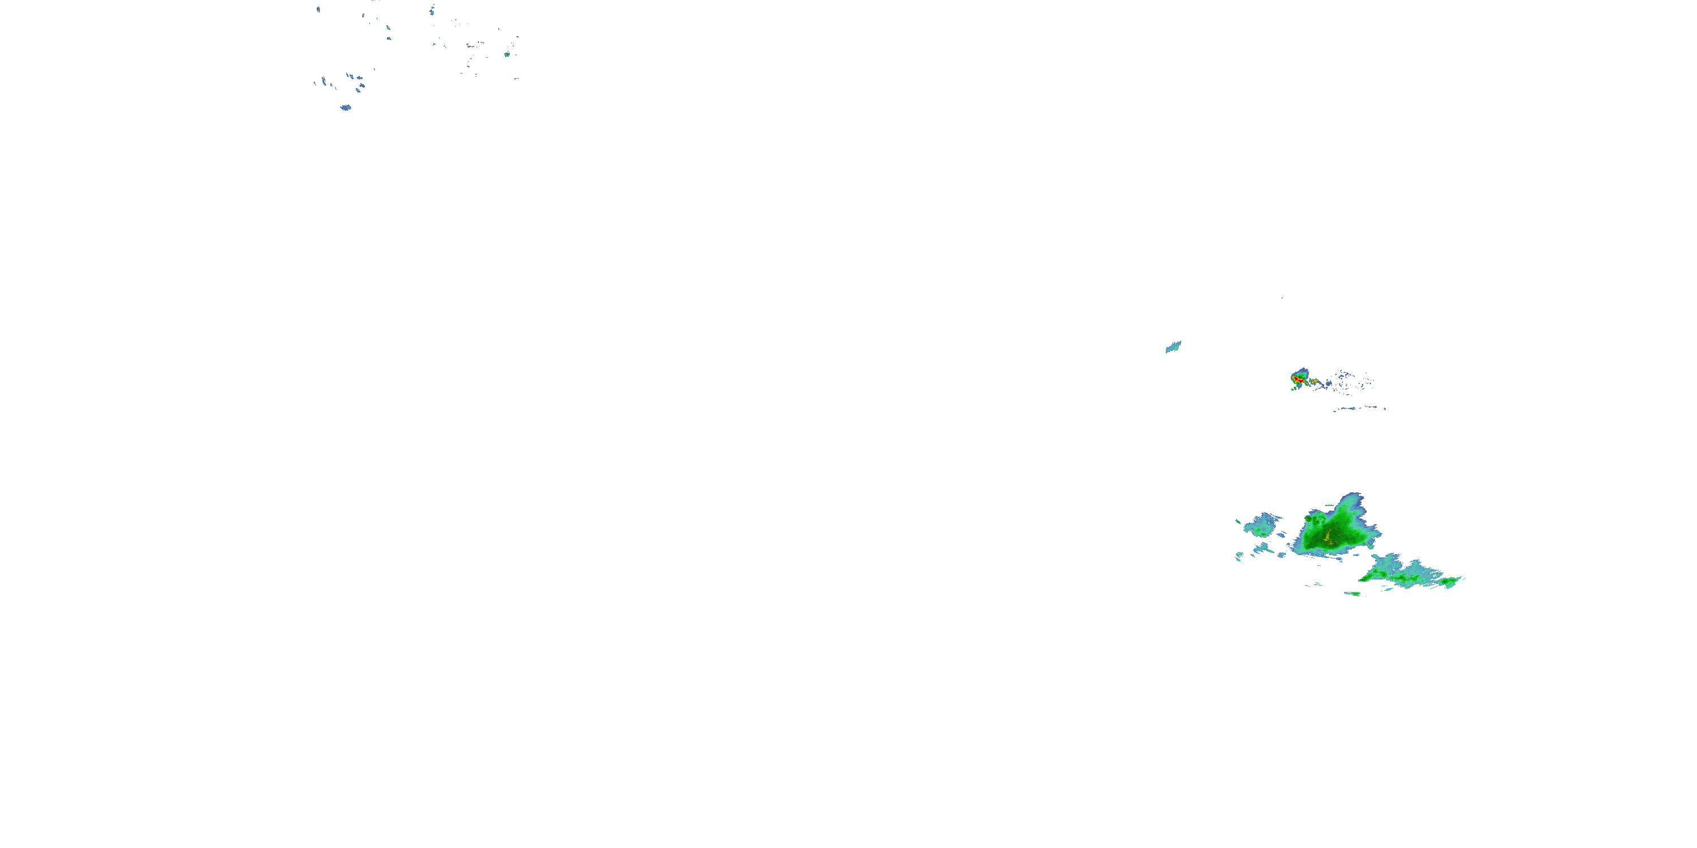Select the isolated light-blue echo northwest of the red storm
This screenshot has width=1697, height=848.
[x=1173, y=347]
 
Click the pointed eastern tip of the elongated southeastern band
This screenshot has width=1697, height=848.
[x=1462, y=579]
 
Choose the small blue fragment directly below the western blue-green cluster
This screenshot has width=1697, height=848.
[x=1261, y=547]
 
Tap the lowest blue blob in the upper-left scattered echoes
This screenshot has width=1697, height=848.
[x=345, y=107]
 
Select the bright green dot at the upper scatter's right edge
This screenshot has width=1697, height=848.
[x=507, y=55]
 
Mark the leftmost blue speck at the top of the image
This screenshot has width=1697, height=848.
[x=318, y=10]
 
